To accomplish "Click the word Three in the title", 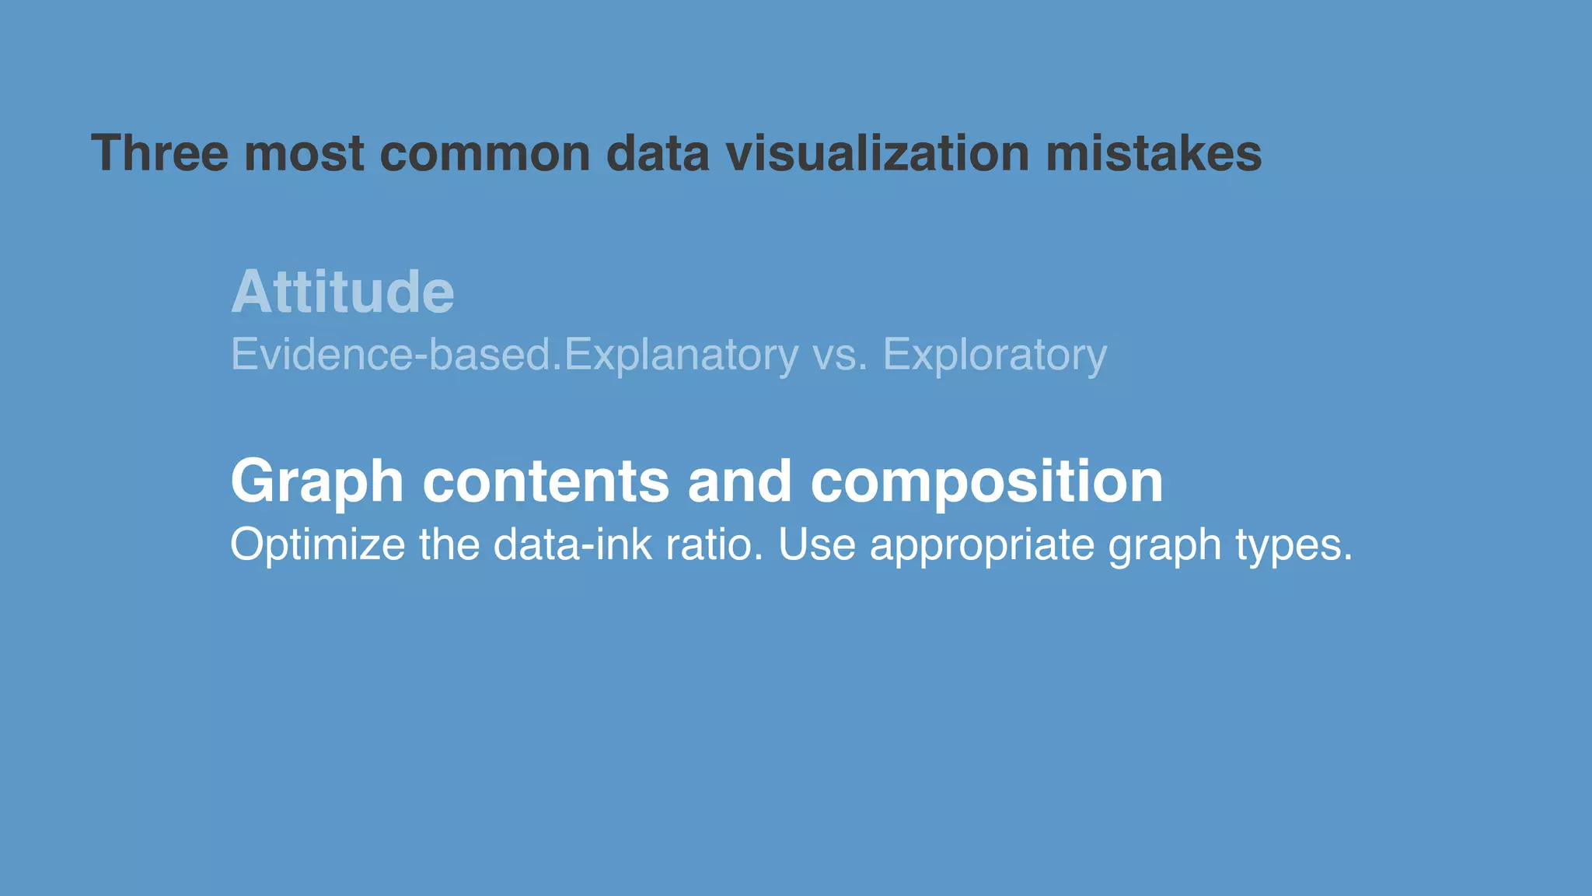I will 160,152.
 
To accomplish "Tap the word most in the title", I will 304,152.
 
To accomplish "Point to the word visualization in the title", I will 877,152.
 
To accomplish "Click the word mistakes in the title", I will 1154,152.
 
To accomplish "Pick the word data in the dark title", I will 658,152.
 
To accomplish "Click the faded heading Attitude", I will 343,292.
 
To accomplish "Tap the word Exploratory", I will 994,355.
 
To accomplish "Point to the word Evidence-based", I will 396,355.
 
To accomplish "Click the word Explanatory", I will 681,355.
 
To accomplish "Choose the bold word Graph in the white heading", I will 317,482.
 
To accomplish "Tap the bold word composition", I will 986,482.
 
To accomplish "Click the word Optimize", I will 317,544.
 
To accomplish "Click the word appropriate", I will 982,545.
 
